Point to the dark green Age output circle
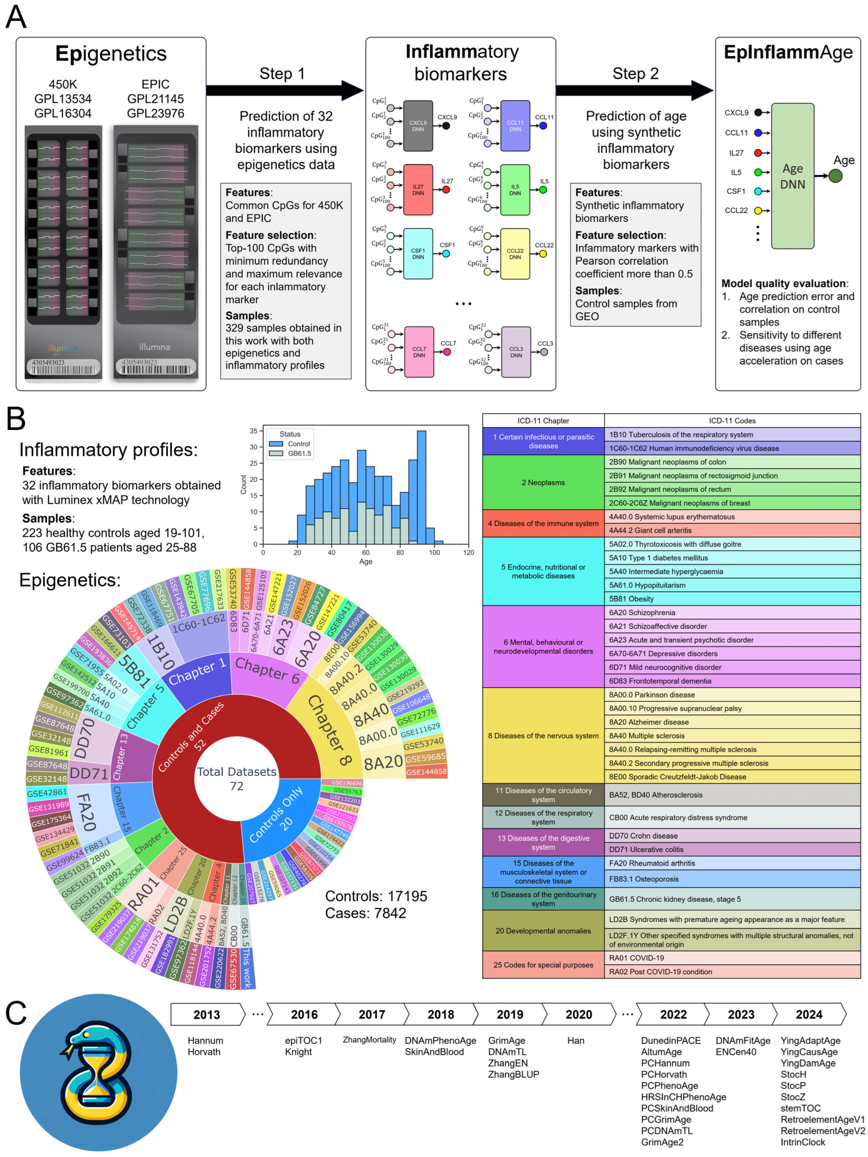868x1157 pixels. point(835,176)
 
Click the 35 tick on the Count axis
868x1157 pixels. point(254,431)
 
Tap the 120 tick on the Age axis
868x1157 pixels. point(468,552)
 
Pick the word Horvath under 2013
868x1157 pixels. point(204,1052)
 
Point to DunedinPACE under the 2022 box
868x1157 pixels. point(670,1040)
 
